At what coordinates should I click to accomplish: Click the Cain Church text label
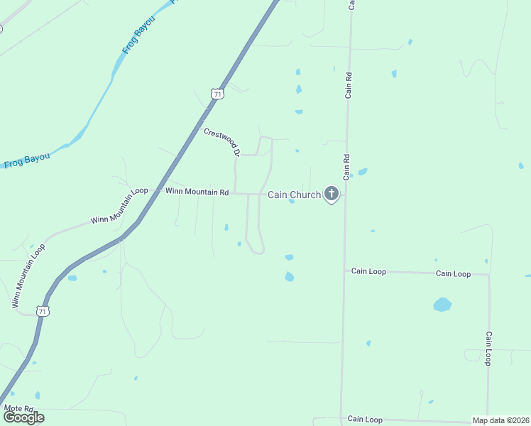(x=294, y=195)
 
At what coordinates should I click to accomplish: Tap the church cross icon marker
(x=331, y=193)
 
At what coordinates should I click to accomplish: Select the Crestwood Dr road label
(x=221, y=142)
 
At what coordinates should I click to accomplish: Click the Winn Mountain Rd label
(x=197, y=192)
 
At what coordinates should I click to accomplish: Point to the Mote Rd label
(x=18, y=408)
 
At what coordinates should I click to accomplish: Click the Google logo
(x=23, y=417)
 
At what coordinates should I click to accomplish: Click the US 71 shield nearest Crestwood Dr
(x=217, y=93)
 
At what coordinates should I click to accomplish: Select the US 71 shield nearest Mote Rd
(x=43, y=311)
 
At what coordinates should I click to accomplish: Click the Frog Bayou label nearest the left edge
(x=26, y=160)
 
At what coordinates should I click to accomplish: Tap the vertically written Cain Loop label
(x=488, y=348)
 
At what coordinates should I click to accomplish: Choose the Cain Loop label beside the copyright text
(x=365, y=420)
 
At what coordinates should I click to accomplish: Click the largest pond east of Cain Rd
(x=442, y=305)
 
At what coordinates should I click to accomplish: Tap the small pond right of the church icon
(x=362, y=172)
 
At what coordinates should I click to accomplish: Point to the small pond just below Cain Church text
(x=292, y=202)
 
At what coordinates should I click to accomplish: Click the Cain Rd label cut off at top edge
(x=351, y=5)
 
